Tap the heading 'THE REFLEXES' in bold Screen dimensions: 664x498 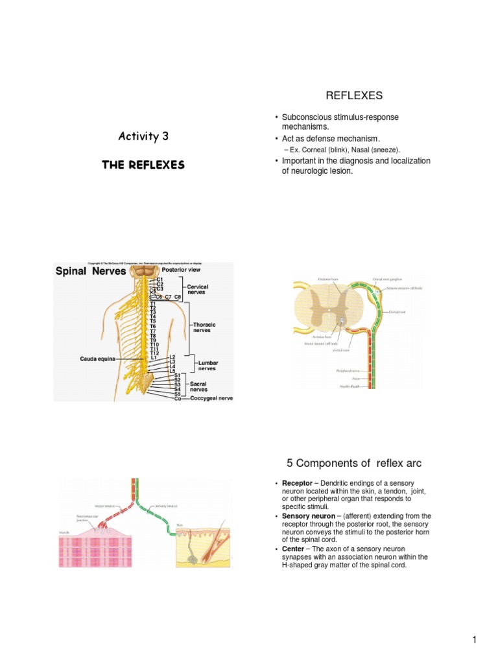(x=143, y=165)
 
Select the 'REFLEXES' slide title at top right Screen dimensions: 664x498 (x=354, y=96)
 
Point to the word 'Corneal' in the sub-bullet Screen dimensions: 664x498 (x=311, y=150)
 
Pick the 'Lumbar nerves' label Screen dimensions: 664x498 (x=207, y=365)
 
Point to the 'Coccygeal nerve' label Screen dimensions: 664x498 (x=211, y=398)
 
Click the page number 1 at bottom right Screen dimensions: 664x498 (x=475, y=641)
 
